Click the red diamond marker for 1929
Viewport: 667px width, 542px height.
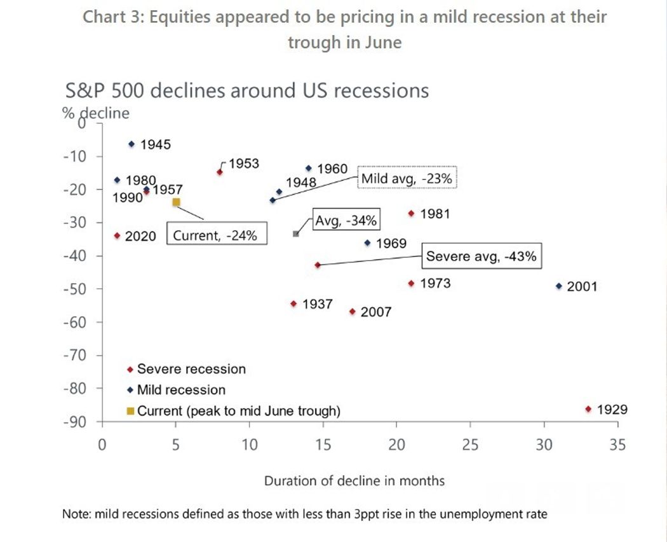(x=588, y=409)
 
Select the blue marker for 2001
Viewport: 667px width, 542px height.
(x=559, y=286)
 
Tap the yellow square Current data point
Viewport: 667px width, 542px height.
(x=176, y=202)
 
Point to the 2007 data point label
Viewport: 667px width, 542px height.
(x=375, y=312)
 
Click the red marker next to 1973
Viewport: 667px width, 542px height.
(x=411, y=283)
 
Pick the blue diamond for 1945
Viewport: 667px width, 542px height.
(x=131, y=144)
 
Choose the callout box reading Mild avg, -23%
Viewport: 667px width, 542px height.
(x=407, y=179)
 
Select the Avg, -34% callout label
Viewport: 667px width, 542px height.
(x=346, y=221)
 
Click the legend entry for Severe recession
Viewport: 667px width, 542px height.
(x=191, y=369)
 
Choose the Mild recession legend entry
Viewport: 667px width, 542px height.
(x=180, y=390)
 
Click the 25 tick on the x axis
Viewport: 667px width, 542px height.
(x=470, y=445)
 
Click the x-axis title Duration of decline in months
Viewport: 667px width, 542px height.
(x=354, y=481)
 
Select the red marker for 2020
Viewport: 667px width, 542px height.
(x=117, y=236)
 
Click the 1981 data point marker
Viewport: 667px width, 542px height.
(x=411, y=214)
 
